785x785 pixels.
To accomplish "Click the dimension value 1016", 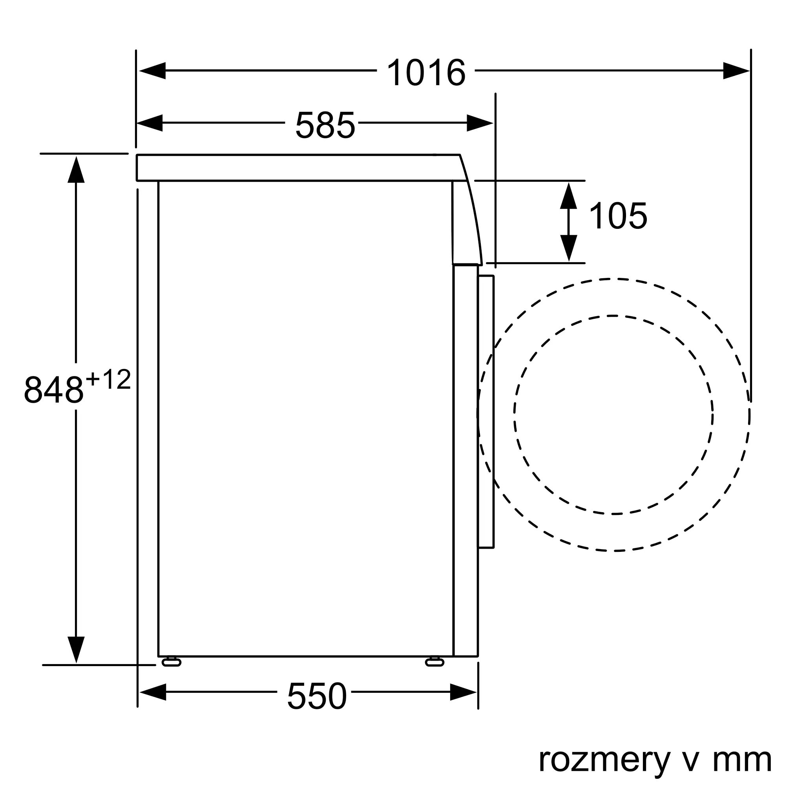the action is point(426,72).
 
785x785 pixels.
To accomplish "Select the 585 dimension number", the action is point(325,125).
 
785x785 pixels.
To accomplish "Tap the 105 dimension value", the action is point(617,216).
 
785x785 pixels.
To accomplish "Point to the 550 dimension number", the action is point(317,696).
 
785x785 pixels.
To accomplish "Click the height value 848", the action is point(54,390).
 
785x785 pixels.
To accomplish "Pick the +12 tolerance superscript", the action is point(108,380).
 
